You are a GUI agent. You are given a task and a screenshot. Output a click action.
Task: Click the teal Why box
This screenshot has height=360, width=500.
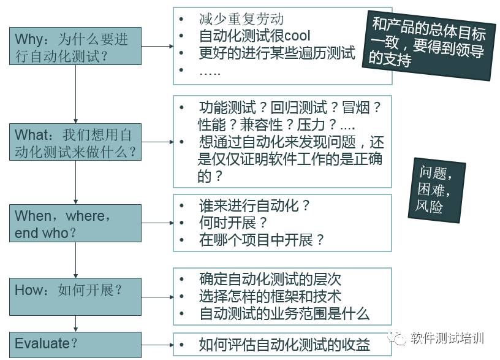(75, 46)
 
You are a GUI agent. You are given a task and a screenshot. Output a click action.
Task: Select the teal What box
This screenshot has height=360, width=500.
(75, 142)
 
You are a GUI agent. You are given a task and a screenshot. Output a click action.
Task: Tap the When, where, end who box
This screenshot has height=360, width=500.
(75, 224)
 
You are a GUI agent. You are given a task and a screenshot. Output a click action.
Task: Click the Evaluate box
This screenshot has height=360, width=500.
(75, 344)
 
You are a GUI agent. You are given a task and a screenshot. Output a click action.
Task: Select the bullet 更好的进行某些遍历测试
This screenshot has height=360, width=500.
(277, 53)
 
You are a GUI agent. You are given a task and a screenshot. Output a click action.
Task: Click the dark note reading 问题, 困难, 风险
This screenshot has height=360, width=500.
(436, 190)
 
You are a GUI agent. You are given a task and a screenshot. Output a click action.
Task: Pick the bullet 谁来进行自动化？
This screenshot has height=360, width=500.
(255, 205)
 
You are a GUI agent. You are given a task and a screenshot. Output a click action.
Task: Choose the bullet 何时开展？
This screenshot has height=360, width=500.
(233, 223)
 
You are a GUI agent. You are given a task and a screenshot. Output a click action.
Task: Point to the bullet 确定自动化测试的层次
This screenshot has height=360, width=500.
(270, 279)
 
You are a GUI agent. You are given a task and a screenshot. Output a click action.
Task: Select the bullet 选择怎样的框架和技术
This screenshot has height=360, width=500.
(270, 297)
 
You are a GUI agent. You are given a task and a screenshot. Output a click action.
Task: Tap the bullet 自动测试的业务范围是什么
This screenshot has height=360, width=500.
(284, 314)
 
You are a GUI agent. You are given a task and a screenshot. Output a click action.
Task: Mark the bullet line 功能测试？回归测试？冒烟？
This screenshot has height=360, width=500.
(290, 107)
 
